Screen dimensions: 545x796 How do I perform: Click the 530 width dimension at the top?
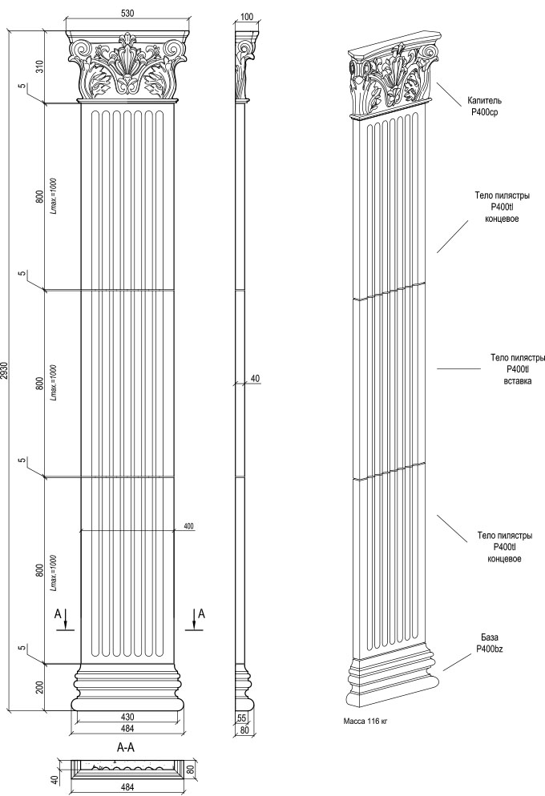coord(127,13)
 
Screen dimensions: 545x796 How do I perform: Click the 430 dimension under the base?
coord(127,718)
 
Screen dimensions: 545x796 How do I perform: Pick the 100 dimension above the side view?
coord(247,17)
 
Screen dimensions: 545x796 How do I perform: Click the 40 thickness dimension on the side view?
coord(255,378)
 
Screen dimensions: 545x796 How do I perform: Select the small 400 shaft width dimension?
coord(188,526)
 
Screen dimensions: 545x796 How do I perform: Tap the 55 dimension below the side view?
coord(242,718)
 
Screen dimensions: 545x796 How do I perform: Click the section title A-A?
coord(126,747)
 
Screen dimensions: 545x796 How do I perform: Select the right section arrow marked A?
coord(195,620)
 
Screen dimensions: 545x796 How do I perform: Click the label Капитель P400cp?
coord(484,107)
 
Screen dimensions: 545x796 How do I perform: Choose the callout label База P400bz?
coord(490,643)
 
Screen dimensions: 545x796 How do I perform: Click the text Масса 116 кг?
coord(365,721)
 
